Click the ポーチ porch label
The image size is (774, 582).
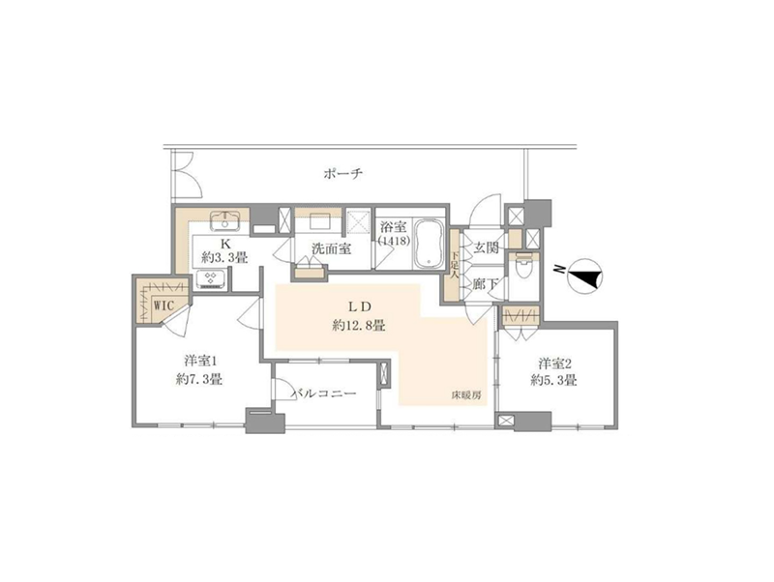pyautogui.click(x=343, y=174)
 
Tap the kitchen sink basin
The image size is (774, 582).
pyautogui.click(x=225, y=220)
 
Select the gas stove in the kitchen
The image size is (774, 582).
pyautogui.click(x=211, y=279)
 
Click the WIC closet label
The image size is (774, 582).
pyautogui.click(x=164, y=306)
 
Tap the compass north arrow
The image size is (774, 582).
pyautogui.click(x=585, y=276)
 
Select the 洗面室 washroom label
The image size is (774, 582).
pyautogui.click(x=331, y=248)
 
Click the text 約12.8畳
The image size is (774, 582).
pyautogui.click(x=358, y=326)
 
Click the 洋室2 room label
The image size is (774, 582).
pyautogui.click(x=554, y=364)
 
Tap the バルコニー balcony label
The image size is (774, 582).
pyautogui.click(x=324, y=393)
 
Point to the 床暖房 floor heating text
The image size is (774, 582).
pyautogui.click(x=466, y=394)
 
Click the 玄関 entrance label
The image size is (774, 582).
pyautogui.click(x=486, y=247)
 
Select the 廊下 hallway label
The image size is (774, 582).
pyautogui.click(x=486, y=284)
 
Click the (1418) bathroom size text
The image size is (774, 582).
pyautogui.click(x=394, y=241)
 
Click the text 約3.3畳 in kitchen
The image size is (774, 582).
pyautogui.click(x=224, y=257)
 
